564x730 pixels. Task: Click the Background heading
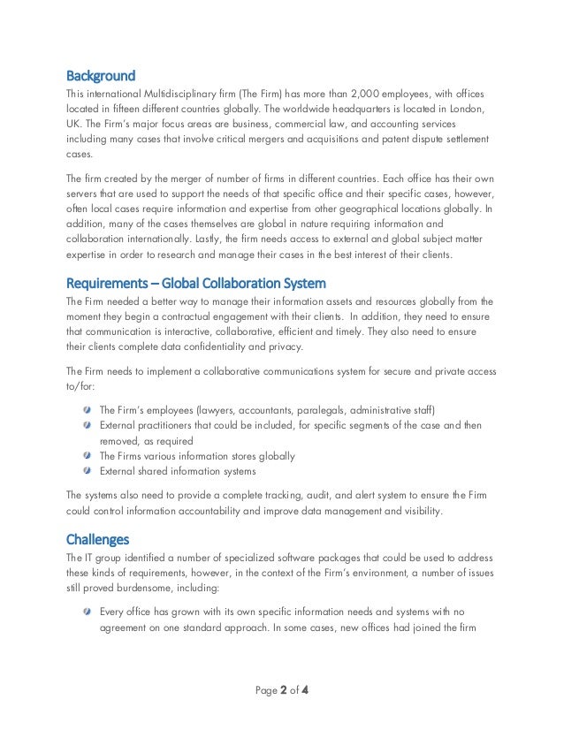pos(101,74)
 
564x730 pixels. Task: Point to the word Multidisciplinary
pos(168,94)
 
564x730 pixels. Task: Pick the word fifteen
pos(127,108)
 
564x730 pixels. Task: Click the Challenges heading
pos(97,538)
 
